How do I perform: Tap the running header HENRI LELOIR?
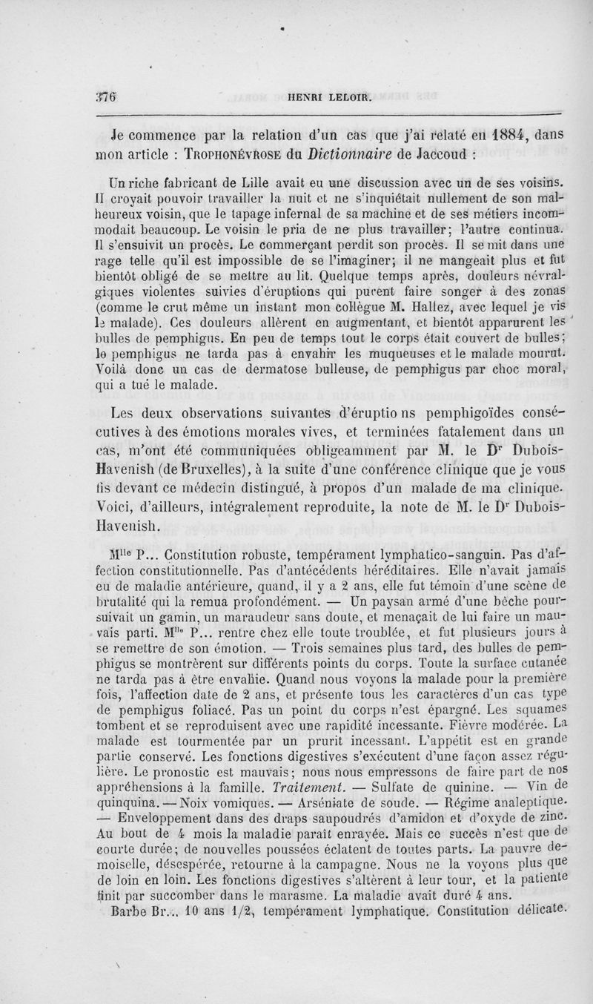tap(324, 95)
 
